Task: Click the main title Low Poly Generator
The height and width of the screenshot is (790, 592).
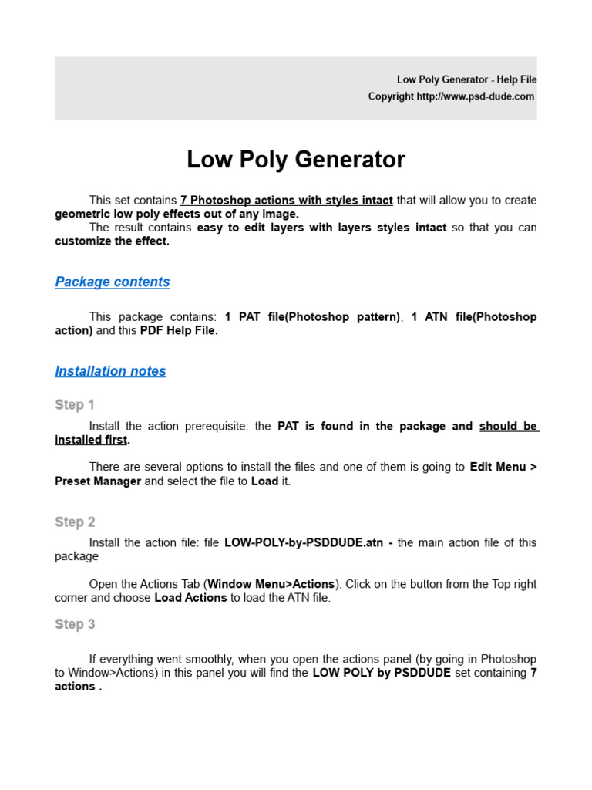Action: [295, 160]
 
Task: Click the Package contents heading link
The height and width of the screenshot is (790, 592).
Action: [113, 282]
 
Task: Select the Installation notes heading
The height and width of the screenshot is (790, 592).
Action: [110, 371]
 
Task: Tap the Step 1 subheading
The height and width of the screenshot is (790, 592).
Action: [75, 405]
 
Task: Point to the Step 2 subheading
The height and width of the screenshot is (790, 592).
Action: [75, 522]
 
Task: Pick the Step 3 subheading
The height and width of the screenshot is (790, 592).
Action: [75, 624]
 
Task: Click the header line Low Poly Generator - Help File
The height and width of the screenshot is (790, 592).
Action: [466, 79]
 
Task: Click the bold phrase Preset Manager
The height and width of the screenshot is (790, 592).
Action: [98, 481]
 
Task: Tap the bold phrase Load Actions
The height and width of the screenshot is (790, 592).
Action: [190, 598]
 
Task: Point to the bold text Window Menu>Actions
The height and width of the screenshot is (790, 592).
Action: [271, 584]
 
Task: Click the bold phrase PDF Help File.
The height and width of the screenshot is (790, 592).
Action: [179, 330]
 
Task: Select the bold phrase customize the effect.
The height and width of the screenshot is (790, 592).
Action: [112, 241]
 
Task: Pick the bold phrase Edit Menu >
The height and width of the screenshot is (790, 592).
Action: [503, 467]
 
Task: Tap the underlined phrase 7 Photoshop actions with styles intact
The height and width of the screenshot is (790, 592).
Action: [287, 200]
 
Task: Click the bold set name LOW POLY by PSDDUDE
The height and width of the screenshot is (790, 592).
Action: [382, 673]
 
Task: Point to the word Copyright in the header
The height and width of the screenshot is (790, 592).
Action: [391, 96]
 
